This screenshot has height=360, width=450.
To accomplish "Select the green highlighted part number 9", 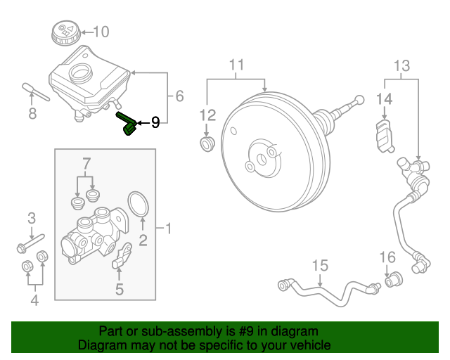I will coord(127,124).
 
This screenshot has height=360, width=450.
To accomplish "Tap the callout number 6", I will coord(179,96).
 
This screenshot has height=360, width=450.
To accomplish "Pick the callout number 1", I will coord(169,228).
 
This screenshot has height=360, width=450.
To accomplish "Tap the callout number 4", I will coord(34,302).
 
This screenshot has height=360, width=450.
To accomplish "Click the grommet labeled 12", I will coord(207,144).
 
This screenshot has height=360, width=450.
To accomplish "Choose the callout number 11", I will coord(236,66).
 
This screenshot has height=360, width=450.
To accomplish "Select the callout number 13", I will coord(401,66).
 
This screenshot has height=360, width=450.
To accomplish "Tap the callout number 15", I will coord(320,265).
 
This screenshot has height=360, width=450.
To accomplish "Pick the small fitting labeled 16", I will coord(394,278).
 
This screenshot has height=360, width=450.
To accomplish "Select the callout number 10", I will coord(101,31).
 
